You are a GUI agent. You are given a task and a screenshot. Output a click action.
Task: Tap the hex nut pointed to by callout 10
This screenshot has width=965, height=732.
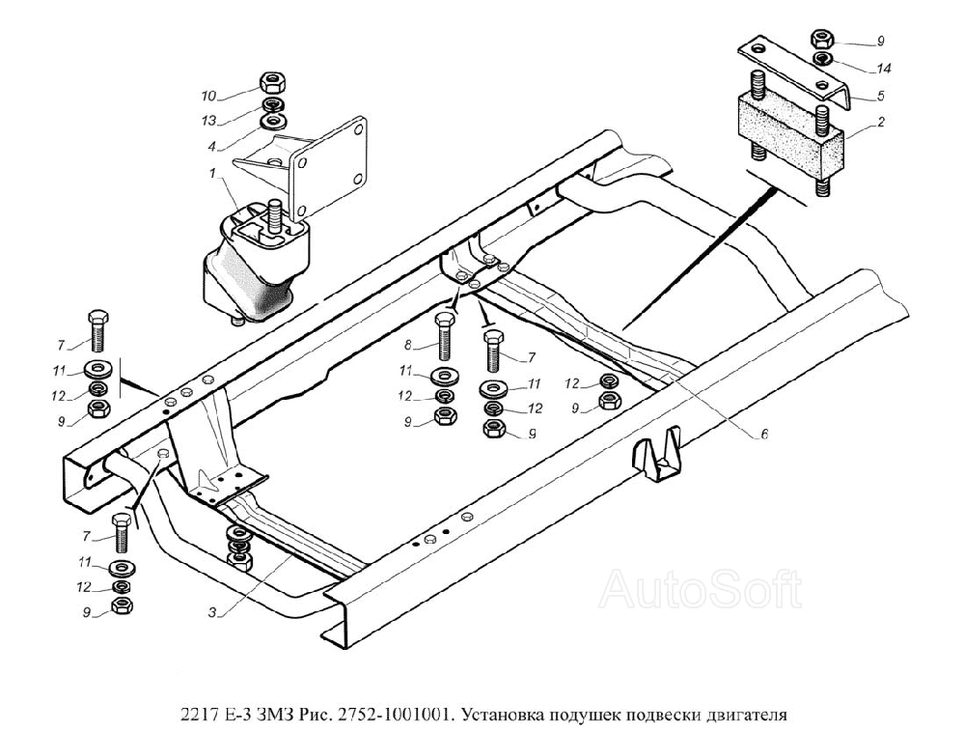point(270,81)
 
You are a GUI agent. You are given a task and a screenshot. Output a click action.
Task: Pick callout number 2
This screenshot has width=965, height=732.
point(880,123)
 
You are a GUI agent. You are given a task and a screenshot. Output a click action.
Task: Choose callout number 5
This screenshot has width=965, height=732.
point(880,96)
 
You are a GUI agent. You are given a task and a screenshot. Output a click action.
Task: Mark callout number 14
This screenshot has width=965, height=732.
point(883,68)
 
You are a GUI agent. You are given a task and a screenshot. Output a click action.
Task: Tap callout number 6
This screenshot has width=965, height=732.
point(763,435)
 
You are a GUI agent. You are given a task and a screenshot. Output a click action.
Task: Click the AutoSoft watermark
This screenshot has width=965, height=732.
point(702,588)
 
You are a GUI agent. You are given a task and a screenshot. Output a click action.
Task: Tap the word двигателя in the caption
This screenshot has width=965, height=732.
point(746,716)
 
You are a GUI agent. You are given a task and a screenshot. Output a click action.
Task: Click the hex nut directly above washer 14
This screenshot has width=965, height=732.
point(822,41)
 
